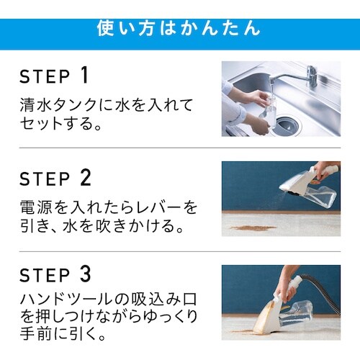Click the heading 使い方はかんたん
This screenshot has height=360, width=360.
pyautogui.click(x=179, y=29)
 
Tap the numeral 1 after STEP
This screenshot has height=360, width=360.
pyautogui.click(x=84, y=75)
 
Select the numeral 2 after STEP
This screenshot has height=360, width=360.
pyautogui.click(x=86, y=178)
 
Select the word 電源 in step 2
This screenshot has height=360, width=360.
pyautogui.click(x=36, y=207)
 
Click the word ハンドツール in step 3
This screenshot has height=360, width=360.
pyautogui.click(x=66, y=300)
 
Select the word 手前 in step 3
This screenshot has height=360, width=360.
pyautogui.click(x=36, y=334)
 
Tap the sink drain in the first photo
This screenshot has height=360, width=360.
pyautogui.click(x=287, y=125)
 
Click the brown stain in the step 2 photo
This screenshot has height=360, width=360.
pyautogui.click(x=253, y=228)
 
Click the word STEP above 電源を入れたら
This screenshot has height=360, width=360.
pyautogui.click(x=45, y=179)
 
